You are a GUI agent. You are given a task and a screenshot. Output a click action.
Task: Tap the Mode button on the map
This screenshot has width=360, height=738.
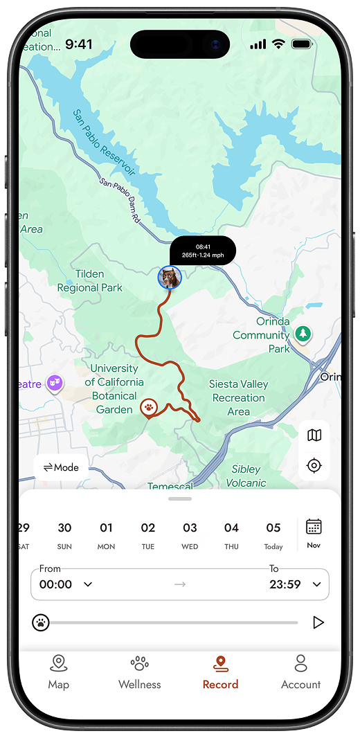(61, 467)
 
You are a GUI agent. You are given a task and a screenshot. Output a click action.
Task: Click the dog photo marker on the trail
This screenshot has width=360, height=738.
(169, 278)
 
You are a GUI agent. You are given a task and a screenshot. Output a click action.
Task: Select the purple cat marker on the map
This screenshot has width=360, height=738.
(54, 384)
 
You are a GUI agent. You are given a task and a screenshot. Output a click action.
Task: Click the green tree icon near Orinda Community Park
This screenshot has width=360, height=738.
(303, 334)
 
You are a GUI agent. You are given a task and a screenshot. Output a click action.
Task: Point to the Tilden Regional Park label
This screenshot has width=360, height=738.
(89, 281)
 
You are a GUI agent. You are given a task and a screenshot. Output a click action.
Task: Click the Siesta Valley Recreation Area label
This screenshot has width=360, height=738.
(238, 397)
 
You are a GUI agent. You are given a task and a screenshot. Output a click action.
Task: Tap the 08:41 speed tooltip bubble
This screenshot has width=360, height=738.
(203, 251)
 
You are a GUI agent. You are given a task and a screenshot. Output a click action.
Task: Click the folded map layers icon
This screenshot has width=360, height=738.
(314, 435)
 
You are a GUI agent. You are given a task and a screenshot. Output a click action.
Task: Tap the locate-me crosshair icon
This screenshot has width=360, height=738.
(314, 465)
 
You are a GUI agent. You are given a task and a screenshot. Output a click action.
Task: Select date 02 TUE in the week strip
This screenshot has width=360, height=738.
(148, 535)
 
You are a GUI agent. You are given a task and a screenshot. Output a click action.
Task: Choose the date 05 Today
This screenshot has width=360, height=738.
(273, 535)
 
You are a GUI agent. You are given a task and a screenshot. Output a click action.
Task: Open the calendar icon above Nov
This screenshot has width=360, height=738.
(314, 528)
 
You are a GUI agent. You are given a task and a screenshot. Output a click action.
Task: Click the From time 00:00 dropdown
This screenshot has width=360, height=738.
(66, 584)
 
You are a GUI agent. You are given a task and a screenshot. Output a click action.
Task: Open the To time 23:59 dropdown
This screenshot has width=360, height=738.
(294, 584)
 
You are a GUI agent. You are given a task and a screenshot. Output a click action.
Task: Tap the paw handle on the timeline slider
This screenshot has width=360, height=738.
(41, 622)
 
